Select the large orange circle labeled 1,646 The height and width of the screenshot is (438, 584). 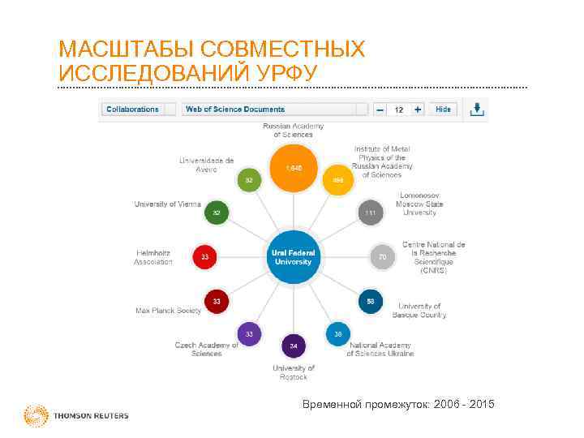[293, 168]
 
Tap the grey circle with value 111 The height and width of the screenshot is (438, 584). [370, 213]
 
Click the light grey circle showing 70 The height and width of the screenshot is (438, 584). [381, 257]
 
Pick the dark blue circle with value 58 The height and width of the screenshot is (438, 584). [370, 301]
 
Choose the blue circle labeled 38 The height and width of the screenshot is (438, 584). [337, 333]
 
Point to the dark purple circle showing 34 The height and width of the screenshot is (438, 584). [293, 346]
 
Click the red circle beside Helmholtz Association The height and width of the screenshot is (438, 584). [204, 257]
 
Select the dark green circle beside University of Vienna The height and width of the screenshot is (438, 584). [216, 213]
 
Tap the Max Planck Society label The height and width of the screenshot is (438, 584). [167, 310]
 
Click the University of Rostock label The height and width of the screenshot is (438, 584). [293, 371]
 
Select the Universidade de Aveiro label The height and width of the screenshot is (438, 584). [206, 165]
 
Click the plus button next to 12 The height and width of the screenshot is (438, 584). [418, 109]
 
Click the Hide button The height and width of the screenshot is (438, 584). [443, 109]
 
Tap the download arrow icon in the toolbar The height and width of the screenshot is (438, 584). [479, 109]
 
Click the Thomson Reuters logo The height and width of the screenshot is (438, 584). [76, 415]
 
